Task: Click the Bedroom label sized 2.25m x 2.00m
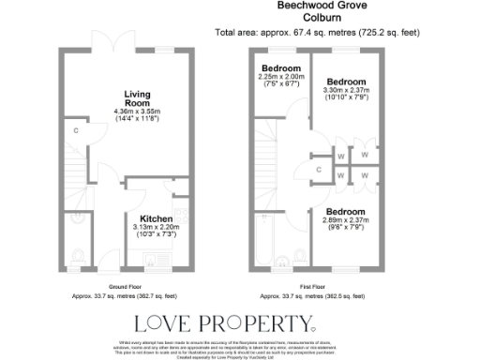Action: point(281,69)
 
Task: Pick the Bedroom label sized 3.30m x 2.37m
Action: point(346,81)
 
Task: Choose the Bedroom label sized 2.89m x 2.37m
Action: point(346,212)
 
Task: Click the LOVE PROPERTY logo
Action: point(226,324)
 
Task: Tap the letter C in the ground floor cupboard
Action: point(75,130)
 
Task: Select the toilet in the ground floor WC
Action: point(78,257)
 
